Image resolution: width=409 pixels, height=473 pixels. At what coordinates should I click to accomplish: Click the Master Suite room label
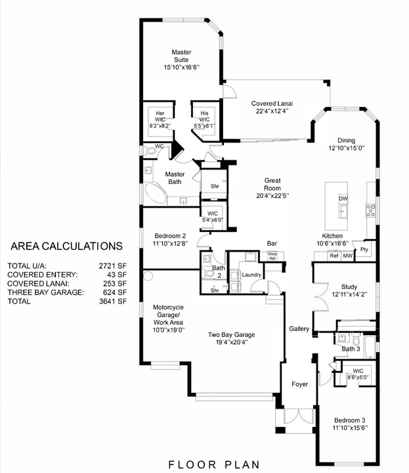181,59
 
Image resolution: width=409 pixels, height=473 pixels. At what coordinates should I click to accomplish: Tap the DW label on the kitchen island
343,198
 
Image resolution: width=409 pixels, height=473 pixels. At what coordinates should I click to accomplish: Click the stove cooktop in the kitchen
371,210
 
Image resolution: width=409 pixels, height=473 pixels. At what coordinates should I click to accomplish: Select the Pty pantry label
362,250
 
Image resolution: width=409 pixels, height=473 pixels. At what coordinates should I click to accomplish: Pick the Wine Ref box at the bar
272,257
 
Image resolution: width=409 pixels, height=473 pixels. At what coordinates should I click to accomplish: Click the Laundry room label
251,275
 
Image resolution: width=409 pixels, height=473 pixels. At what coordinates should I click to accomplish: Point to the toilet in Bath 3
356,340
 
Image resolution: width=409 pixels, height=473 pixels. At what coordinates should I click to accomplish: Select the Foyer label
300,384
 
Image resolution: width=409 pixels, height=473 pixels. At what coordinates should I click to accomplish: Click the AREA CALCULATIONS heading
66,246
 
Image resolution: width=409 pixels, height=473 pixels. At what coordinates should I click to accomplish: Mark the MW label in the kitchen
347,256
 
